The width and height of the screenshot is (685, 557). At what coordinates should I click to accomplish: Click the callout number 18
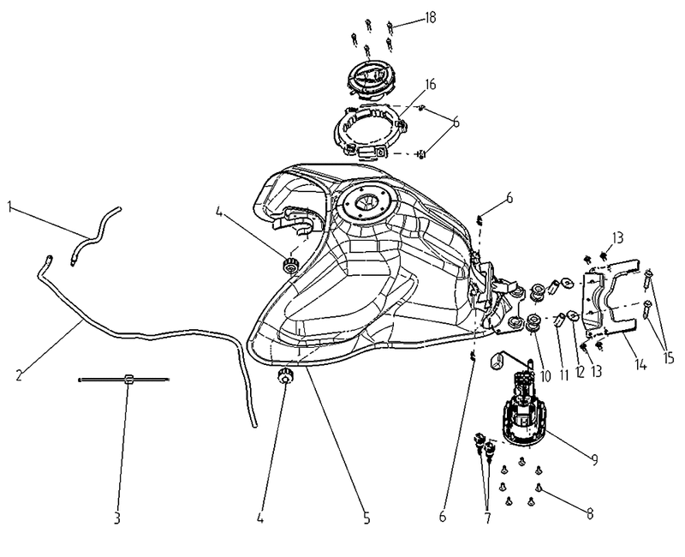click(x=431, y=18)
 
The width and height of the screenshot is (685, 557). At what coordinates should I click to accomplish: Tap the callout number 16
click(x=431, y=84)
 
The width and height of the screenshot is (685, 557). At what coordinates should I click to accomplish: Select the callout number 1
click(x=9, y=207)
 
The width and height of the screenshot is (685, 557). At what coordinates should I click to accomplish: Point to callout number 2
click(x=19, y=375)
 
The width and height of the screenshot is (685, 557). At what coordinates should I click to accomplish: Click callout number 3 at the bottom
click(x=116, y=518)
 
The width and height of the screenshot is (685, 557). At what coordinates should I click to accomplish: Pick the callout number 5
click(x=366, y=518)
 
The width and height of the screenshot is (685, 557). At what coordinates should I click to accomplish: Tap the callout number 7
click(x=487, y=518)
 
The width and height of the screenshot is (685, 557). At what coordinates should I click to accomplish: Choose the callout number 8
click(x=590, y=513)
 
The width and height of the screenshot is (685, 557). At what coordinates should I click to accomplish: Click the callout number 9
click(x=594, y=459)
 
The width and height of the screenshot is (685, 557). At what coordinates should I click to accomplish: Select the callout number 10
click(x=545, y=375)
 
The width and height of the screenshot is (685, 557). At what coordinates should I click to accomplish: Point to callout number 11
click(x=564, y=375)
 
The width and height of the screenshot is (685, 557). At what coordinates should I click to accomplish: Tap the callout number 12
click(x=580, y=373)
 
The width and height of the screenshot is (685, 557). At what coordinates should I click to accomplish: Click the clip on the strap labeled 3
click(x=128, y=379)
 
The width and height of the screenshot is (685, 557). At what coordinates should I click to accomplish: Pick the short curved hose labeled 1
click(x=94, y=237)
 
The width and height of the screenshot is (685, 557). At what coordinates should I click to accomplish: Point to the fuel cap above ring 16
click(x=371, y=80)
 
